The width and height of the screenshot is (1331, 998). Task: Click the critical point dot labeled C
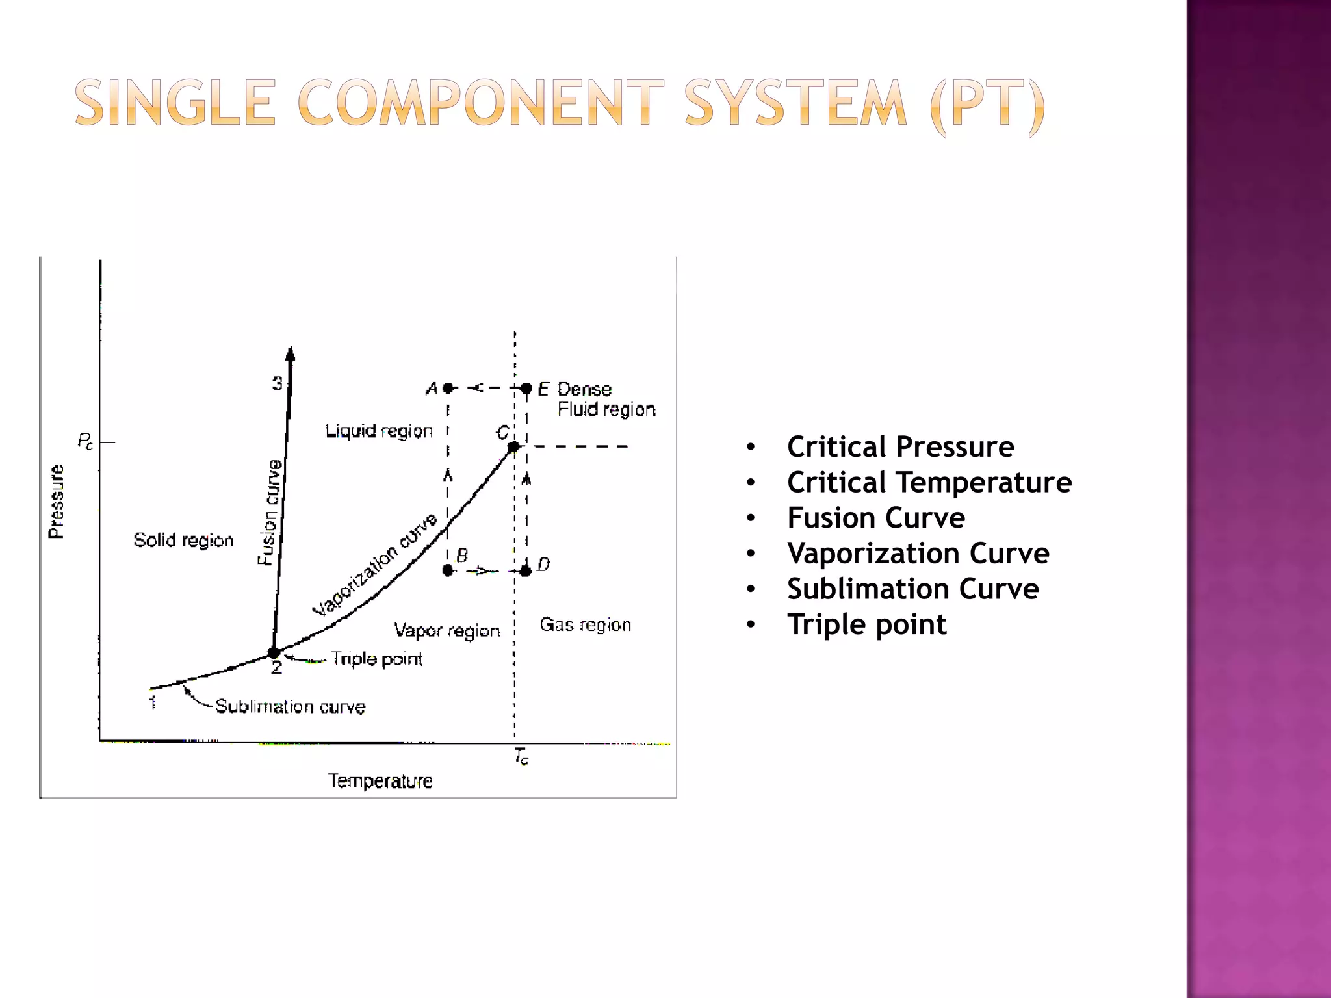tap(513, 447)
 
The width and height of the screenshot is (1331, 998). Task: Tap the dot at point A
tap(448, 389)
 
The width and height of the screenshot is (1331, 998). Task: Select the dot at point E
tap(526, 389)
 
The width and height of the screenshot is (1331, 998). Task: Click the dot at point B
tap(448, 570)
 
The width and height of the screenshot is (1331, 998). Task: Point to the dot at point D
tap(526, 570)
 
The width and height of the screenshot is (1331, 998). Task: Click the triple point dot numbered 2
tap(274, 652)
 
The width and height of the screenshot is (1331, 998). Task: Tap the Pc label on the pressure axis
tap(85, 442)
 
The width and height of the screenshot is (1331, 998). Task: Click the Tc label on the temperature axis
tap(521, 756)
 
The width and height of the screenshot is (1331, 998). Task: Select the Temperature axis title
tap(380, 781)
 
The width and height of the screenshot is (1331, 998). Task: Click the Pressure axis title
tap(57, 501)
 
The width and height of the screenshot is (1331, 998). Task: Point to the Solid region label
tap(183, 541)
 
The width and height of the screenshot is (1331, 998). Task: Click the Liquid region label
tap(379, 431)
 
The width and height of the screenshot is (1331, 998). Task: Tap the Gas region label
tap(585, 625)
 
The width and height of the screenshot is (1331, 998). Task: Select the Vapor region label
tap(447, 630)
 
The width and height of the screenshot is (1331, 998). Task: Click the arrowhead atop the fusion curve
tap(291, 353)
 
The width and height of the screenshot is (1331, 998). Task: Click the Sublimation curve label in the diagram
tap(290, 707)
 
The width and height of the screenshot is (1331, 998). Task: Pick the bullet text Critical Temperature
tap(929, 483)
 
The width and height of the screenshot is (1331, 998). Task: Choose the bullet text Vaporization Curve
tap(918, 554)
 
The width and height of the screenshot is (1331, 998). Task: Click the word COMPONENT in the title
tap(481, 103)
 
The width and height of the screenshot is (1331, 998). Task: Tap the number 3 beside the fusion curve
tap(278, 384)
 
